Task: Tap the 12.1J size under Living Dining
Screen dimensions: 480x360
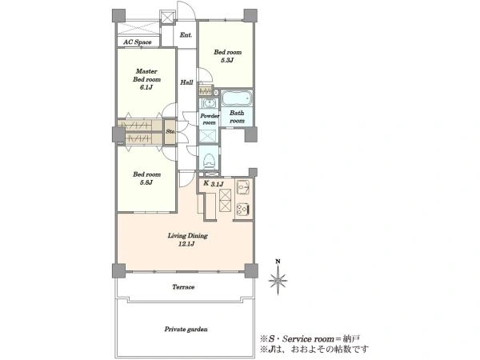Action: point(186,244)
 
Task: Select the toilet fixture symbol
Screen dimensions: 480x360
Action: point(209,160)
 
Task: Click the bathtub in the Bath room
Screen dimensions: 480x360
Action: point(236,98)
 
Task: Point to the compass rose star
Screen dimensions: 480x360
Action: point(278,280)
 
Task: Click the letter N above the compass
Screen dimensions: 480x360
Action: point(278,262)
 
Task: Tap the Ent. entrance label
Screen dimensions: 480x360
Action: point(186,35)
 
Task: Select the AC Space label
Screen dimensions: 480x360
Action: point(138,42)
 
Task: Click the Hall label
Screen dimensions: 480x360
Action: point(186,82)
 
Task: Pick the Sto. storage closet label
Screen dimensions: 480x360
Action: point(170,131)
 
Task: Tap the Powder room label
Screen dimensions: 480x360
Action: point(210,119)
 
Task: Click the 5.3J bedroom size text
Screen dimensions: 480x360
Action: point(227,60)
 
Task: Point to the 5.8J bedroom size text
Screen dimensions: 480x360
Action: point(146,182)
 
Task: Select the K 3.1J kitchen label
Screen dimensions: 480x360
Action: point(214,184)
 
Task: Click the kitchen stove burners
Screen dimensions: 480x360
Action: point(243,209)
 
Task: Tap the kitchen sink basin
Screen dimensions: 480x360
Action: point(244,186)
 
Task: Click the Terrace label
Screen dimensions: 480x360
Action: point(183,287)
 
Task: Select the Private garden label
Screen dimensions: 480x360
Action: point(186,329)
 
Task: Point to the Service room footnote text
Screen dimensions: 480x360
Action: point(310,338)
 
